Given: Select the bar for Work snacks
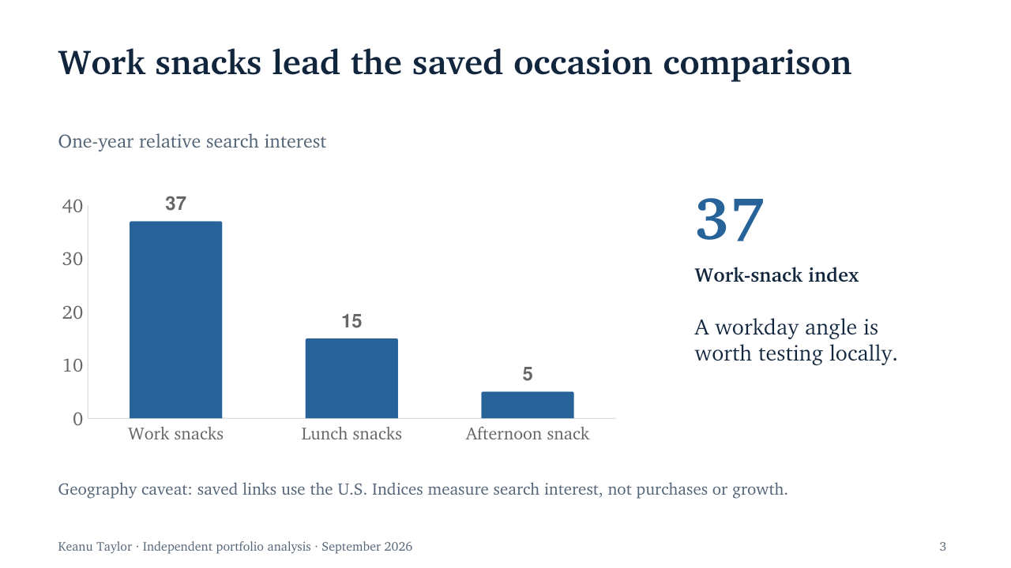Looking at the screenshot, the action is pyautogui.click(x=175, y=319).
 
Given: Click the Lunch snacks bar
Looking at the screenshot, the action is pyautogui.click(x=351, y=378).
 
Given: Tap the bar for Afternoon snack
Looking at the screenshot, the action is pyautogui.click(x=527, y=405).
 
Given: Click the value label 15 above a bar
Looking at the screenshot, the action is pyautogui.click(x=351, y=321).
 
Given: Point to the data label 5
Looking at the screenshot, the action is pyautogui.click(x=527, y=374).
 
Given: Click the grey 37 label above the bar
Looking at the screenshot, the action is pyautogui.click(x=175, y=204).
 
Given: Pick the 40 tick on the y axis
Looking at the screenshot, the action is pyautogui.click(x=73, y=207).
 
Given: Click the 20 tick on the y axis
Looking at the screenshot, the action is pyautogui.click(x=73, y=313).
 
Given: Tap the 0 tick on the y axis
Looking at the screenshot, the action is pyautogui.click(x=77, y=419).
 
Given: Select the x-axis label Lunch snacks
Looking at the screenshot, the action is pyautogui.click(x=351, y=434).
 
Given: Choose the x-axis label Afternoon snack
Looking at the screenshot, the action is pyautogui.click(x=527, y=434).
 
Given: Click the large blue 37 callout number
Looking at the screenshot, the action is pyautogui.click(x=729, y=220).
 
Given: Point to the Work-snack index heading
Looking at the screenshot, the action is pyautogui.click(x=776, y=275).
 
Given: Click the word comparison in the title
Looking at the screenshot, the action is pyautogui.click(x=757, y=63).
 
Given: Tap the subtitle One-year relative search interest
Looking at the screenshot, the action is pyautogui.click(x=192, y=141).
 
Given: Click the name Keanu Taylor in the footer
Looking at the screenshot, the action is pyautogui.click(x=95, y=547).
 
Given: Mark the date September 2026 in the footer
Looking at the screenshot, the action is pyautogui.click(x=366, y=547).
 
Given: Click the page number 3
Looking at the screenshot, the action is pyautogui.click(x=942, y=547).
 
